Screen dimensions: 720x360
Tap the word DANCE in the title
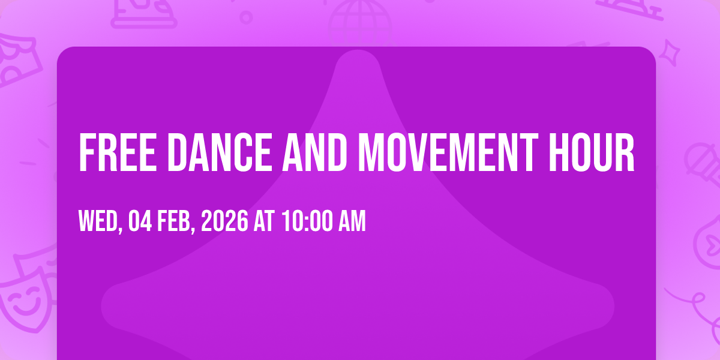click(220, 152)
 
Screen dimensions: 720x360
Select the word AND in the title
click(315, 152)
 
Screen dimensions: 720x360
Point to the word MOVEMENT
click(448, 152)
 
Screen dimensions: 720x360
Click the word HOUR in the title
click(592, 152)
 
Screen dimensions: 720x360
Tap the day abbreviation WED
click(101, 221)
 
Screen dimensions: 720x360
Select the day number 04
click(140, 221)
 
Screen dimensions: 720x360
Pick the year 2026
click(224, 221)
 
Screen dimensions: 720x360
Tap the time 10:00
click(308, 221)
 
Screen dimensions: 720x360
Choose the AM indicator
click(352, 221)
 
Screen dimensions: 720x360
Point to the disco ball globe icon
click(360, 23)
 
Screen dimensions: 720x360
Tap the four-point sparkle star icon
click(670, 53)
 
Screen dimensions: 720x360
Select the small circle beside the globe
click(246, 17)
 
